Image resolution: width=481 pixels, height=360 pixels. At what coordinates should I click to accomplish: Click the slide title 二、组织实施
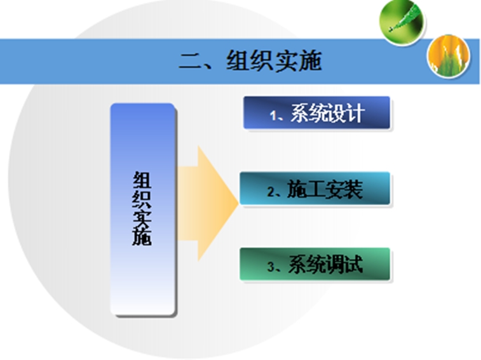coord(250,61)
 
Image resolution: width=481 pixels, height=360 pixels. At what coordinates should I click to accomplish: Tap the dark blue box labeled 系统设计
coord(316,112)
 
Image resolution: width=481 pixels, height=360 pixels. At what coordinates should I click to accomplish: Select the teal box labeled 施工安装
coord(315,189)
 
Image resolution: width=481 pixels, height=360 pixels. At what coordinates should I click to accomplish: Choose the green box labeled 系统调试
coord(315,264)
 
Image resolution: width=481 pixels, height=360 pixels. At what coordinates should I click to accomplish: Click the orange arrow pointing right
coord(208,203)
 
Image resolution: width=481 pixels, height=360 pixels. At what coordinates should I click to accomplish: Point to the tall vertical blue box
coord(142,209)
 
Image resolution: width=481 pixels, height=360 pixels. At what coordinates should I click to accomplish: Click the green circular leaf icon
coord(401,22)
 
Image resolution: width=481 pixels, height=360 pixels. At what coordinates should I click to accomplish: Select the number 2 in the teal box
coord(271,192)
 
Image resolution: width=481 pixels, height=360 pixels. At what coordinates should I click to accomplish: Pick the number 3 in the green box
coord(271,267)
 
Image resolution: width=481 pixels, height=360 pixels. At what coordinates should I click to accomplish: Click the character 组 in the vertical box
coord(142,180)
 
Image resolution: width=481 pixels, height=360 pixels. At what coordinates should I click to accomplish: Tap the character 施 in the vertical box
coord(142,236)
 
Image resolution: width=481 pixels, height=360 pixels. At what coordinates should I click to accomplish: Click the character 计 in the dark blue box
coord(355,113)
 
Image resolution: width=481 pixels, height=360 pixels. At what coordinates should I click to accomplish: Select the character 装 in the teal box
coord(353,189)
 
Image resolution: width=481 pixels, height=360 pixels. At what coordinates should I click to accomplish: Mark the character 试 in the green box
coord(353,264)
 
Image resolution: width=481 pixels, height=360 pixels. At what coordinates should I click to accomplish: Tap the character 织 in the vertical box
coord(142,198)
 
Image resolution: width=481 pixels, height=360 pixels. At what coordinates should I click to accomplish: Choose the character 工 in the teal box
coord(315,189)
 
